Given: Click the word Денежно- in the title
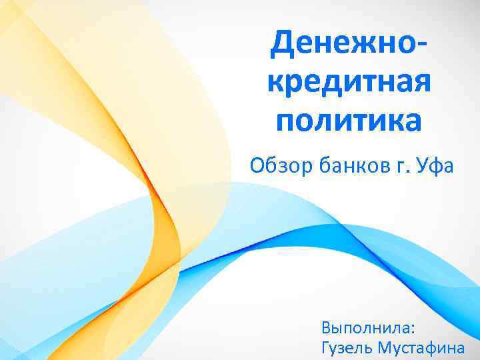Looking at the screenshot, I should click(x=349, y=44).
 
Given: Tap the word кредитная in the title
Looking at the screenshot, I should click(x=349, y=83).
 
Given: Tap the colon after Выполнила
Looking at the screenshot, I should click(x=413, y=329).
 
